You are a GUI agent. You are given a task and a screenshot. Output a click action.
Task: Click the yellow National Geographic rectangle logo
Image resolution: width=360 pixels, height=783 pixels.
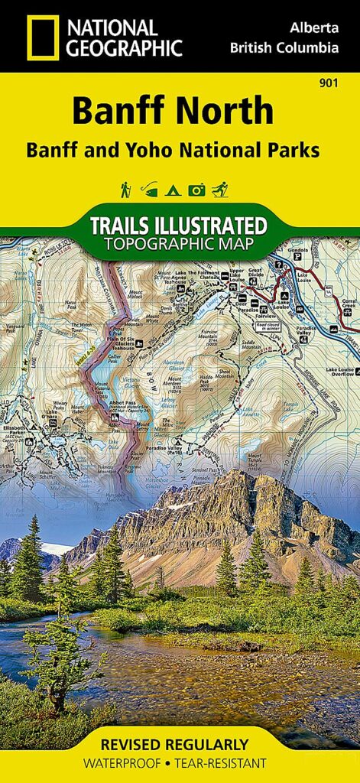point(43,37)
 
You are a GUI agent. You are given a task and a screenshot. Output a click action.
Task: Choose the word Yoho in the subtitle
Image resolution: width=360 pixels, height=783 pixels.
point(161,150)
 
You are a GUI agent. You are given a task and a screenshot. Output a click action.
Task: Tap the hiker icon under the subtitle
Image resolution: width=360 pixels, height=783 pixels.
point(125,189)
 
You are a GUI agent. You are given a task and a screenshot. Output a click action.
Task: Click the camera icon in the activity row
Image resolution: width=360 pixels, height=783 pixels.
point(196,189)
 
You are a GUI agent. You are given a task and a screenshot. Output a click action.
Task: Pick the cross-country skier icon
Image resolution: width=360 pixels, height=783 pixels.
point(220,189)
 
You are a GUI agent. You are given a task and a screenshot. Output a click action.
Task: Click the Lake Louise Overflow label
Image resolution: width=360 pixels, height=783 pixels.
point(339,375)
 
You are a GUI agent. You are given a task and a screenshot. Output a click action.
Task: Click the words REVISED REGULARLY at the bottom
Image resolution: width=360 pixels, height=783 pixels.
point(180,744)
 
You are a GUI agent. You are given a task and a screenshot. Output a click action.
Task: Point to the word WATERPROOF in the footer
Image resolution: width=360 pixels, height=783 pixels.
point(130,763)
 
